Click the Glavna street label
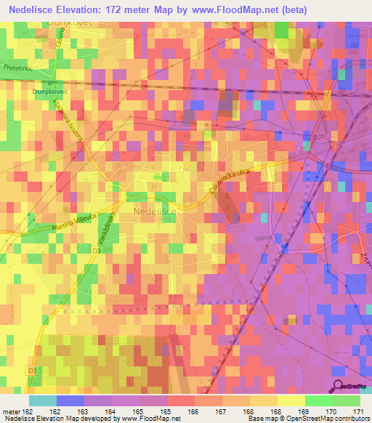pyautogui.click(x=63, y=47)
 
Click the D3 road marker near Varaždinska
pyautogui.click(x=97, y=251)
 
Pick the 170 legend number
pyautogui.click(x=331, y=411)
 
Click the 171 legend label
pyautogui.click(x=357, y=411)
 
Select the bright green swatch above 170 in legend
pyautogui.click(x=318, y=400)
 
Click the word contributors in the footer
pyautogui.click(x=347, y=419)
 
